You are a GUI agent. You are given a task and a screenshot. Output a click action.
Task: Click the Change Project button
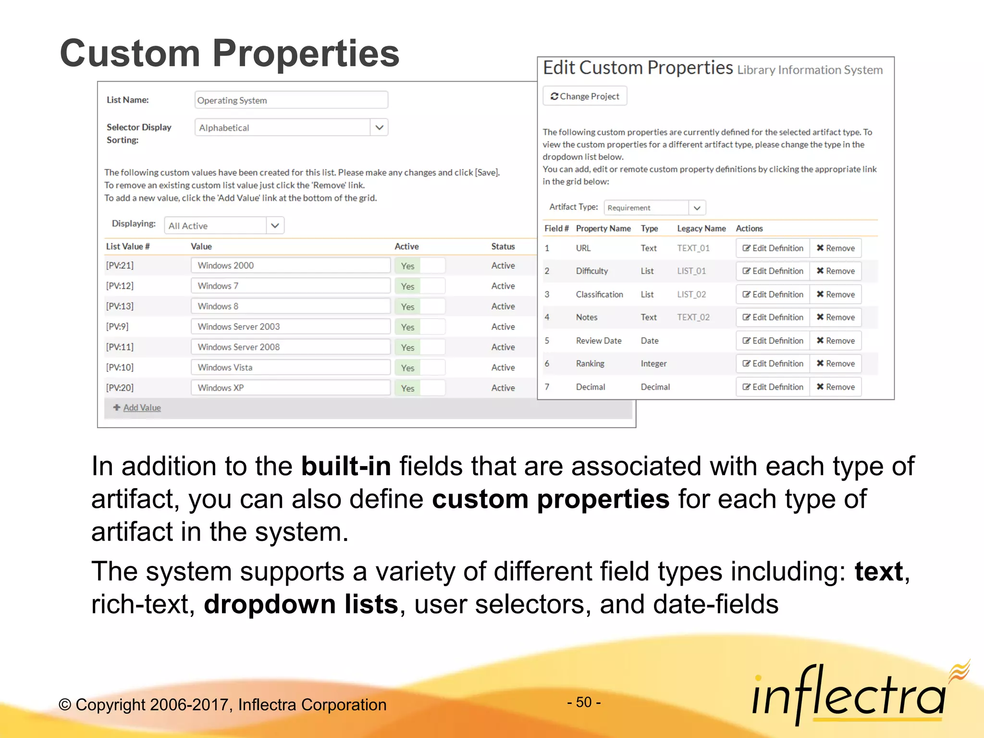tap(585, 96)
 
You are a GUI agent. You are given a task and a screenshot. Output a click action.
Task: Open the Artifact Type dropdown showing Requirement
tap(696, 208)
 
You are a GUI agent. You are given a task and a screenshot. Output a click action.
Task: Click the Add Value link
tap(142, 407)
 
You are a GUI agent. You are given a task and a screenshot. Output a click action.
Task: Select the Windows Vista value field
tap(290, 368)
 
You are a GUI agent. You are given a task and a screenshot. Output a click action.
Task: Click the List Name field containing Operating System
tap(291, 100)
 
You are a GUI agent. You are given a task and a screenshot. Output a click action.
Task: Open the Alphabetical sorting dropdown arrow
tap(379, 127)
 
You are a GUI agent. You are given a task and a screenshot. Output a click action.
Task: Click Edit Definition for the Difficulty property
tap(773, 271)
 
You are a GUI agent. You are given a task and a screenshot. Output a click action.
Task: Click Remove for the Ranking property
tap(836, 364)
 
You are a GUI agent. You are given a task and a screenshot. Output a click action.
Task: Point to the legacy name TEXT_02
tap(693, 317)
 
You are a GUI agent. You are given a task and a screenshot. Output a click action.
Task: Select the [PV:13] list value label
tap(120, 306)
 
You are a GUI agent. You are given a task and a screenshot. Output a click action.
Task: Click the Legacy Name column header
tap(701, 229)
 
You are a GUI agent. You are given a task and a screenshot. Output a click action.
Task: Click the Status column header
tap(503, 246)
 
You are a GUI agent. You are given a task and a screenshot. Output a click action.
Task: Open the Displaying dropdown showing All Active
tap(274, 225)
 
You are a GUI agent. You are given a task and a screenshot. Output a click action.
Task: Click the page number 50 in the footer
tap(584, 702)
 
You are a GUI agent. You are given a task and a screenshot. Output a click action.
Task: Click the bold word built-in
tap(345, 466)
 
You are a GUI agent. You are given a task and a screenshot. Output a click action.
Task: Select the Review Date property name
tap(598, 341)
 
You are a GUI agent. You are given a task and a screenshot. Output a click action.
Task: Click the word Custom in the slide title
tap(130, 53)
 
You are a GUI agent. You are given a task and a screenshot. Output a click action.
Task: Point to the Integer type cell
tap(653, 364)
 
